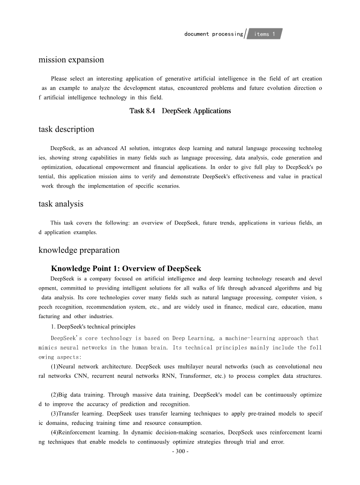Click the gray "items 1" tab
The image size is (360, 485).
[x=265, y=34]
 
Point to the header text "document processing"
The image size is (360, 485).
[x=213, y=34]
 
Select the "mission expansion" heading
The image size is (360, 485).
[x=71, y=60]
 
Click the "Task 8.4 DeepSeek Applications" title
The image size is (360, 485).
[x=180, y=111]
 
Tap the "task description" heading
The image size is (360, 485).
[x=66, y=129]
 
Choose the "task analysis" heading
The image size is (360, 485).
[x=61, y=204]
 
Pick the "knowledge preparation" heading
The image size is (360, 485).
[x=79, y=250]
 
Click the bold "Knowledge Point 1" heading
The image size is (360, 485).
[x=126, y=269]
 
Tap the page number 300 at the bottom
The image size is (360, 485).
[x=180, y=451]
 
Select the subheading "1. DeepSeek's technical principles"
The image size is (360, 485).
[x=93, y=327]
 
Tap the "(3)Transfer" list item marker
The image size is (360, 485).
[x=66, y=413]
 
